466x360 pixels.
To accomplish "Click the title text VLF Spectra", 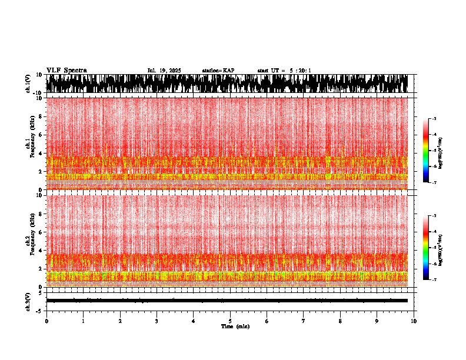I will pyautogui.click(x=66, y=71).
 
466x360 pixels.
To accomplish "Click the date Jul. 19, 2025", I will pyautogui.click(x=164, y=71).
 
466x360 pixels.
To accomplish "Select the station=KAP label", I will pyautogui.click(x=218, y=71).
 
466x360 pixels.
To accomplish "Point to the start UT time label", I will pyautogui.click(x=284, y=71).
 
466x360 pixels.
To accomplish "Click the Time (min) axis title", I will pyautogui.click(x=235, y=326).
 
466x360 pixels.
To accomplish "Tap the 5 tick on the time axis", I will pyautogui.click(x=230, y=321).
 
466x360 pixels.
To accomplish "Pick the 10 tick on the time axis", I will pyautogui.click(x=414, y=321).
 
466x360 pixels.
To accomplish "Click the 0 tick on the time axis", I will pyautogui.click(x=46, y=321).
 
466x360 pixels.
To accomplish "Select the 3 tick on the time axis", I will pyautogui.click(x=157, y=321).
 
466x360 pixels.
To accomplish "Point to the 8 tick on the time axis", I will pyautogui.click(x=340, y=321).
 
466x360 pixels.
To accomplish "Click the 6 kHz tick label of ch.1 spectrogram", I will pyautogui.click(x=41, y=135).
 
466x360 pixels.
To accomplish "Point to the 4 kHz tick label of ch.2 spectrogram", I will pyautogui.click(x=41, y=251).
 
